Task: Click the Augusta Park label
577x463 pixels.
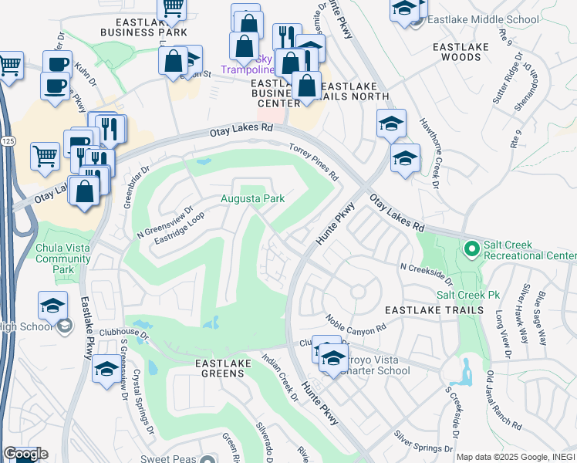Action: (x=253, y=199)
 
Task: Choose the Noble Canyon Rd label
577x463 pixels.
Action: (x=355, y=324)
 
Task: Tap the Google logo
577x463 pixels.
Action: (x=25, y=454)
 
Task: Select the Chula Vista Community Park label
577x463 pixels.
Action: (x=65, y=259)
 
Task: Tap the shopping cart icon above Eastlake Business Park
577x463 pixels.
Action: (x=172, y=8)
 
